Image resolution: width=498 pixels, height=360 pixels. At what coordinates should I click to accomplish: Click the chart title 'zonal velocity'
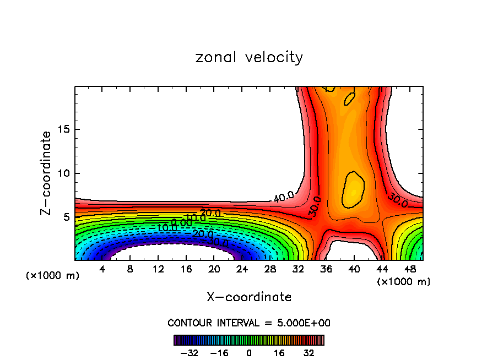coord(249,57)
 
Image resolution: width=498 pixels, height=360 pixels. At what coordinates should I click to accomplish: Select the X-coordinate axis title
coord(249,297)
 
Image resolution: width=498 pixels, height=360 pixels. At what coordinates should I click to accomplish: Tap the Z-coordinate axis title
coord(46,173)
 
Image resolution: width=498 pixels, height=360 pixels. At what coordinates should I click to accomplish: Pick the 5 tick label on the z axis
coord(68,217)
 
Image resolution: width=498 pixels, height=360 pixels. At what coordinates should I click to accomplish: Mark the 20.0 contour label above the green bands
coord(210,213)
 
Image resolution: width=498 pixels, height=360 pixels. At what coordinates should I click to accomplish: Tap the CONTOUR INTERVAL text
coord(249,323)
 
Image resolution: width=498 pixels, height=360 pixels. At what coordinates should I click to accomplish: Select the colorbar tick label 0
coord(249,353)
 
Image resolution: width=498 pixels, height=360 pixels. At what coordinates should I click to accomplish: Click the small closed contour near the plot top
coord(349,99)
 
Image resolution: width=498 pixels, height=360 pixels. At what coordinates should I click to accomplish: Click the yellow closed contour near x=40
coord(352,189)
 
